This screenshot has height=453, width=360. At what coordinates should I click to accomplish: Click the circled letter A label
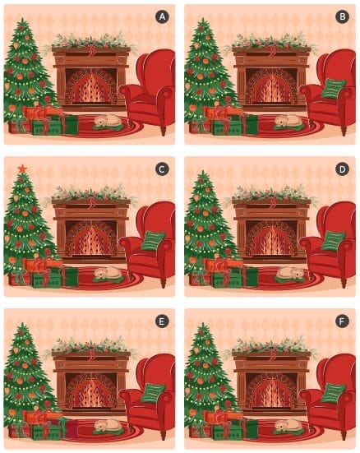[162, 16]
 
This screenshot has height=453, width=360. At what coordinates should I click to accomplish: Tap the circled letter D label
[342, 169]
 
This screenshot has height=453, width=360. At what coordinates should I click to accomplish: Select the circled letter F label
[342, 321]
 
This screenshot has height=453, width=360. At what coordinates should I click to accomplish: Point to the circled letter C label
[162, 169]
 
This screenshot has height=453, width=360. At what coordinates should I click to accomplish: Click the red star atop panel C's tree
[22, 169]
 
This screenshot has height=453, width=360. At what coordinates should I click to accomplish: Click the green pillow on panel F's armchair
[333, 393]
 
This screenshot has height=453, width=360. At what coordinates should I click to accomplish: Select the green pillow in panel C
[153, 241]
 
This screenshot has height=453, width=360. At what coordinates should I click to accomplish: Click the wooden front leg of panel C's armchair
[164, 282]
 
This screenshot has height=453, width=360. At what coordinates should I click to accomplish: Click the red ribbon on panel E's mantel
[92, 355]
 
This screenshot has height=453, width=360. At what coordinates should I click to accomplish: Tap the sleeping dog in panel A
[107, 121]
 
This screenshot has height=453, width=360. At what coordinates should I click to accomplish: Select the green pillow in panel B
[333, 89]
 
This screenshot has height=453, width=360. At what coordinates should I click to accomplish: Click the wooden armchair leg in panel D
[344, 282]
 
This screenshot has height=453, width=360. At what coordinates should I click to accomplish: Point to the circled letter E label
[162, 321]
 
